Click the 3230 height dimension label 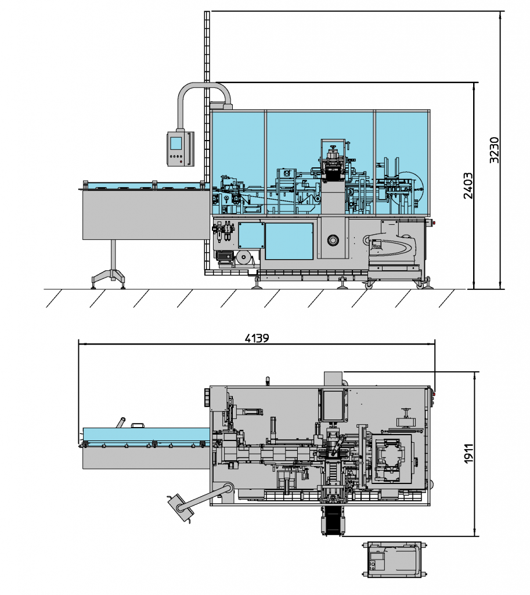pos(494,150)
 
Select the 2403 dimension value pos(468,185)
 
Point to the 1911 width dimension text pos(468,453)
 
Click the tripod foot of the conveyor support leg pos(109,278)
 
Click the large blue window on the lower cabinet pos(289,241)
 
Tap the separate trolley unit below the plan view pos(393,560)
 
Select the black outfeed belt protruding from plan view pos(333,521)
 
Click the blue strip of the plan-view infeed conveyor pos(146,435)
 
